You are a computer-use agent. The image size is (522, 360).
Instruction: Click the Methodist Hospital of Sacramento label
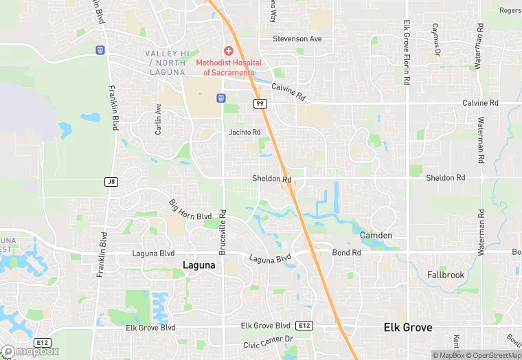click(x=229, y=67)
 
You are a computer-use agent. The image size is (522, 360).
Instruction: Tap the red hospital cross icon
click(x=228, y=52)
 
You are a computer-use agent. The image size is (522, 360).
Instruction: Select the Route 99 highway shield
click(x=260, y=104)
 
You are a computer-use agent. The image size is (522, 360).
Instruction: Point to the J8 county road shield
click(x=111, y=181)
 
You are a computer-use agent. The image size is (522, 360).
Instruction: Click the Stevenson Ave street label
click(x=297, y=39)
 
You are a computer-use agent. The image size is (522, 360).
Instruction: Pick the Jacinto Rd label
click(x=245, y=132)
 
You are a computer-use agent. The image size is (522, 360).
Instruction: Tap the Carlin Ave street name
click(x=158, y=119)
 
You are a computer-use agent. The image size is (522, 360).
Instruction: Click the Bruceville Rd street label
click(x=223, y=232)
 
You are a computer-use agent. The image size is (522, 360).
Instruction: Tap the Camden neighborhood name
click(x=376, y=236)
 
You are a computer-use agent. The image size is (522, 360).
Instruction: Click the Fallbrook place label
click(x=446, y=275)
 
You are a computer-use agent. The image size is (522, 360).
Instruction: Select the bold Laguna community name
click(x=200, y=265)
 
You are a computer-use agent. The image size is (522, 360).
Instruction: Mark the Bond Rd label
click(x=346, y=253)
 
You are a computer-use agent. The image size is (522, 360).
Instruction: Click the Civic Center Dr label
click(x=268, y=339)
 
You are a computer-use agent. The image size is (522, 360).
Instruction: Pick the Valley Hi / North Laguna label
click(x=165, y=63)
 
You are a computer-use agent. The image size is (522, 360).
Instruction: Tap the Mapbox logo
click(x=29, y=351)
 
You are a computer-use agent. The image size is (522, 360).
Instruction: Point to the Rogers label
click(x=510, y=10)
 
